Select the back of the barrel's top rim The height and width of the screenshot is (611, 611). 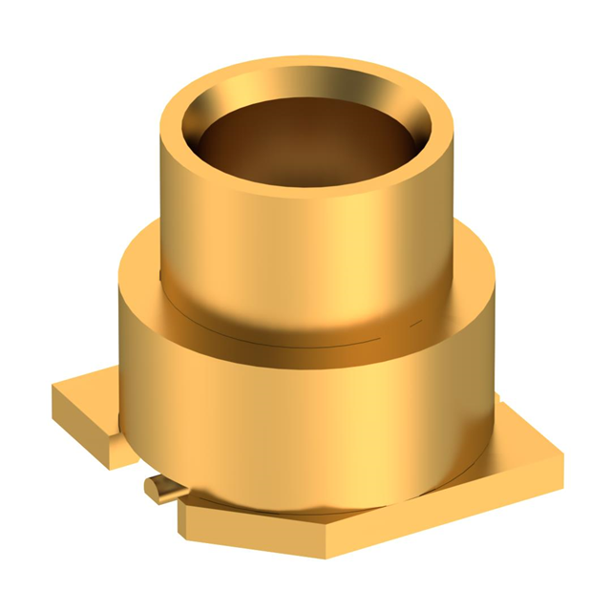305,69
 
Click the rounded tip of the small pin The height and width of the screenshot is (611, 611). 151,488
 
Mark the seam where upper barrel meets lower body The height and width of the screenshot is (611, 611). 305,339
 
